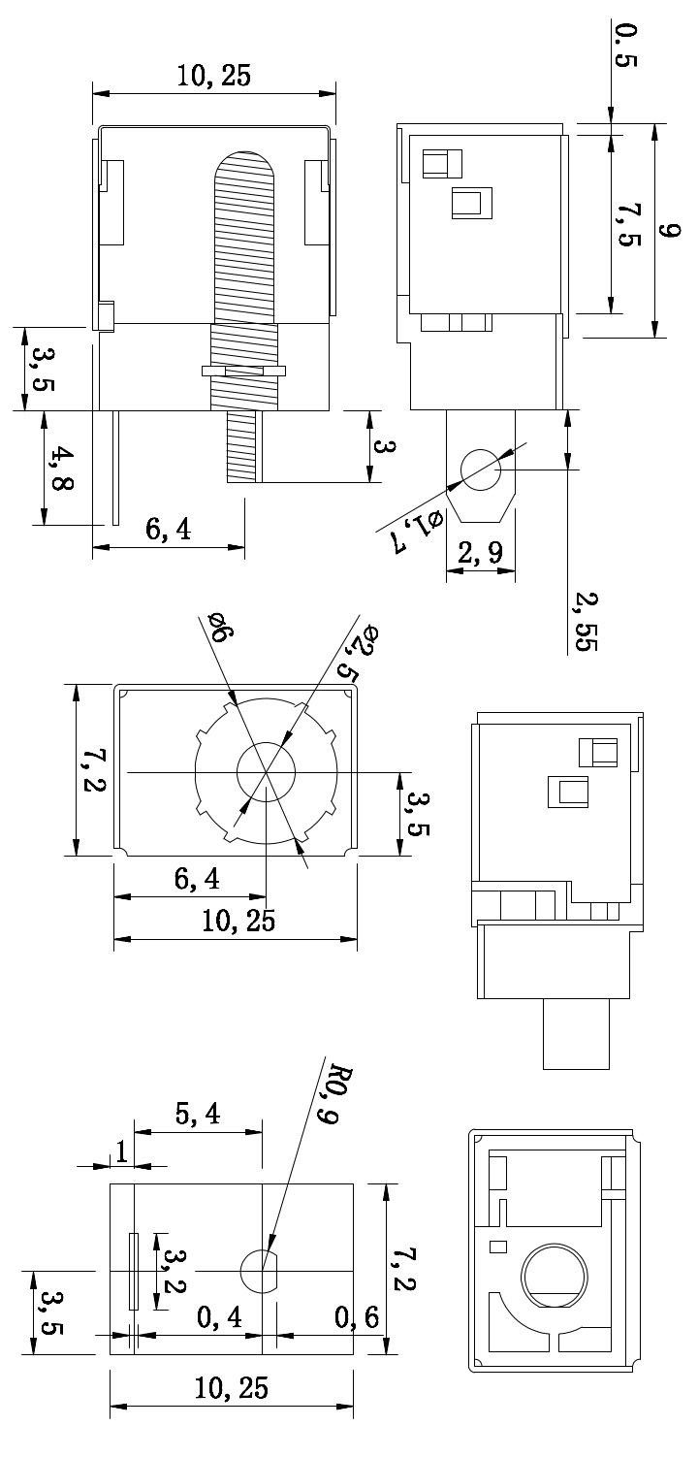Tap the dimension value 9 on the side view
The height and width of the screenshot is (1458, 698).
click(670, 230)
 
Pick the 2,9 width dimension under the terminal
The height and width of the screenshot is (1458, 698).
click(480, 554)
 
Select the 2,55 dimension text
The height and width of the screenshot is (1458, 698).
click(585, 622)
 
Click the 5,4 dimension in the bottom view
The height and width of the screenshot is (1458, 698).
click(198, 1116)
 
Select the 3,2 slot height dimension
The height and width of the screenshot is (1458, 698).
click(173, 1271)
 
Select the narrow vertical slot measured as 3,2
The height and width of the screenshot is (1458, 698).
click(134, 1271)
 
